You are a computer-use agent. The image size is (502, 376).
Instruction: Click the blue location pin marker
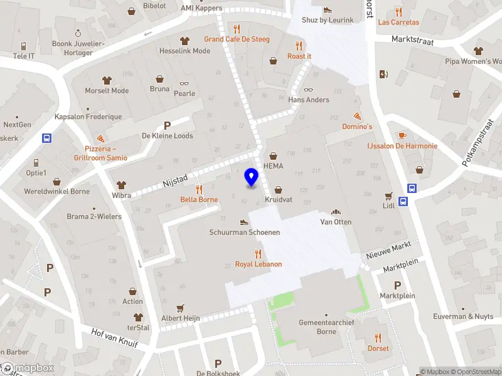click(251, 177)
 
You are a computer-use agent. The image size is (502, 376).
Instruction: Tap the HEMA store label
click(274, 166)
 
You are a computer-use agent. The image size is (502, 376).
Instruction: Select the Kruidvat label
click(279, 199)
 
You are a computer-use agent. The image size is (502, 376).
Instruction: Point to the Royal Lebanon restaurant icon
click(258, 253)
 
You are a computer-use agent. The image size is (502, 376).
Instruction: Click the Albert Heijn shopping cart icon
click(181, 308)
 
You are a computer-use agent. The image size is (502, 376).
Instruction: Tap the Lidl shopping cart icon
click(388, 196)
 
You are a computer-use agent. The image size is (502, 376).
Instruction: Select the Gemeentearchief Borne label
click(325, 327)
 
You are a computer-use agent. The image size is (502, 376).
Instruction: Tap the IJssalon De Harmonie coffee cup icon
click(402, 135)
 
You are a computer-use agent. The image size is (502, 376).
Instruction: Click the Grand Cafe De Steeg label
click(237, 39)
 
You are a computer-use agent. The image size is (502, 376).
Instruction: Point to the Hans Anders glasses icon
click(308, 90)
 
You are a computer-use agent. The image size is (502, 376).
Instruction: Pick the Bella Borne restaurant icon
click(199, 189)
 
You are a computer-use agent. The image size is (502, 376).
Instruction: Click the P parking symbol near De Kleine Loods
click(167, 125)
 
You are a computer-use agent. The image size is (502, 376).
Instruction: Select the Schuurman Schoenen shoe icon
click(245, 222)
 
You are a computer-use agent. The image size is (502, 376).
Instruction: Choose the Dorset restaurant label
click(378, 348)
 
